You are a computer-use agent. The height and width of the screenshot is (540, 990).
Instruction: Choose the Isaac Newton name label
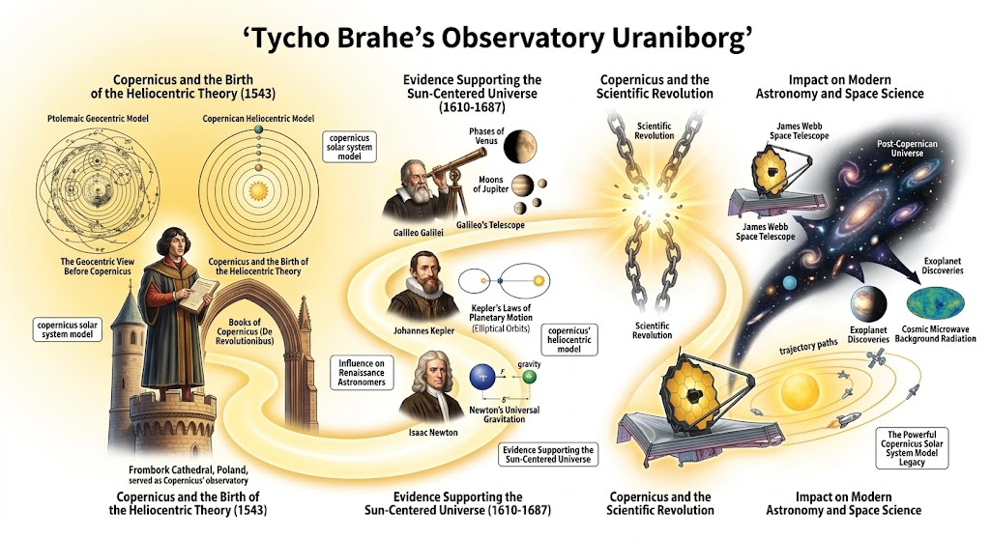click(x=426, y=431)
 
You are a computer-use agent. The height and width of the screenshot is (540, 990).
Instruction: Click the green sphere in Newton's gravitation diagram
click(x=529, y=376)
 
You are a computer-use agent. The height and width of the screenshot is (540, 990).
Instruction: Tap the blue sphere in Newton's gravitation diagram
click(x=481, y=376)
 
